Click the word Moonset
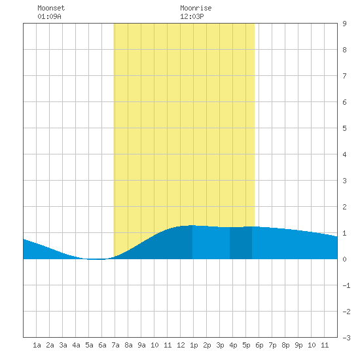(x=51, y=8)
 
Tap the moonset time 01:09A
(x=49, y=16)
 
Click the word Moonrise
(x=196, y=8)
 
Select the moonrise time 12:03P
(x=192, y=16)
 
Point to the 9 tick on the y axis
(x=344, y=24)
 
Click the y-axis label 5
(x=344, y=128)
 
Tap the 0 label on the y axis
(x=344, y=259)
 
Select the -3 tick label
(x=346, y=338)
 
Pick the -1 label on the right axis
(x=346, y=285)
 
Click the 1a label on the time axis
(x=37, y=345)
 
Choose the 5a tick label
(x=89, y=345)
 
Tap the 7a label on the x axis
(x=115, y=345)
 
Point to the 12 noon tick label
(x=181, y=345)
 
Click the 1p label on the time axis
(x=194, y=345)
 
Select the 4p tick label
(x=233, y=345)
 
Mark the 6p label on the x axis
(x=259, y=345)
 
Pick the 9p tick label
(x=298, y=345)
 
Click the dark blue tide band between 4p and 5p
(x=241, y=243)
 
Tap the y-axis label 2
(x=344, y=207)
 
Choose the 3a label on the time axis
(x=63, y=345)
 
